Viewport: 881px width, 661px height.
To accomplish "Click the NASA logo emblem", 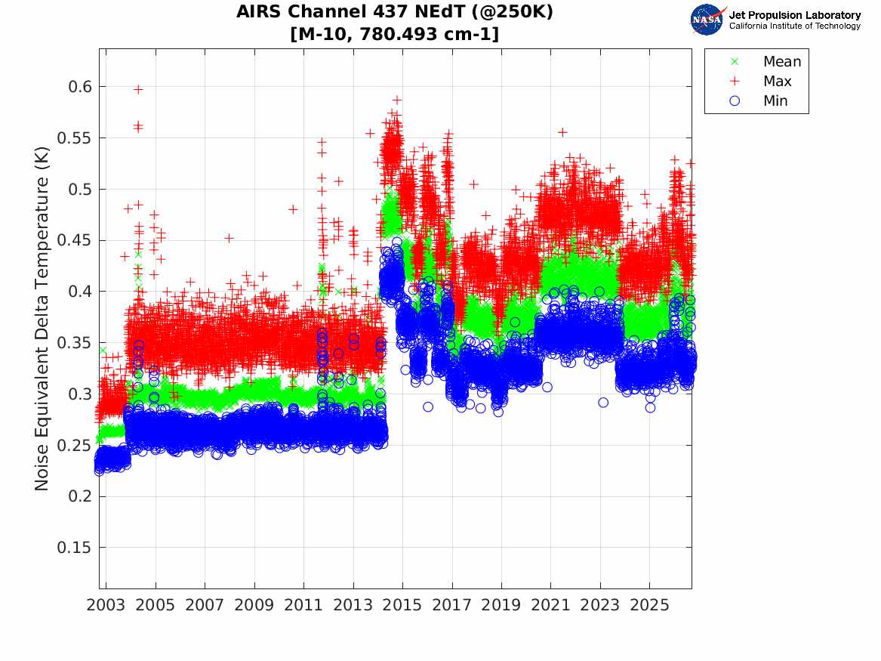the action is pyautogui.click(x=707, y=20).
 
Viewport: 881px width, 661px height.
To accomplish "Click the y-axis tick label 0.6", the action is pyautogui.click(x=80, y=87).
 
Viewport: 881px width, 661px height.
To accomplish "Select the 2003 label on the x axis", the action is pyautogui.click(x=106, y=605).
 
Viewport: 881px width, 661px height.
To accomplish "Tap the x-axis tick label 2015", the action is pyautogui.click(x=402, y=605).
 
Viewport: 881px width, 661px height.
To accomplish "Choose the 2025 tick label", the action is pyautogui.click(x=649, y=605).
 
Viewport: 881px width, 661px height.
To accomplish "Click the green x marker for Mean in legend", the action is pyautogui.click(x=735, y=61).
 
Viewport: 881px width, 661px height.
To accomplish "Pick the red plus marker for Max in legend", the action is pyautogui.click(x=735, y=81).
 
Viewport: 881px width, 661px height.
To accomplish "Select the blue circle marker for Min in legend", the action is pyautogui.click(x=735, y=100).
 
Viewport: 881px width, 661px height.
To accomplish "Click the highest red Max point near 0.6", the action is pyautogui.click(x=138, y=89).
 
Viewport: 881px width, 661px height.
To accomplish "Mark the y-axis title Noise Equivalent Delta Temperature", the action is pyautogui.click(x=42, y=319).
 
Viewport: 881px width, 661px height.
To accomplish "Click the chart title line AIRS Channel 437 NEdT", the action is pyautogui.click(x=394, y=11).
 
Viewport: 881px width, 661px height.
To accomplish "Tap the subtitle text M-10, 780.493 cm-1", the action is pyautogui.click(x=394, y=34).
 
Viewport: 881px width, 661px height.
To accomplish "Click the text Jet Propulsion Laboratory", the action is pyautogui.click(x=795, y=15).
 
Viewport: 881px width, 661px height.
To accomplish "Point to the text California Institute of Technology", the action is pyautogui.click(x=795, y=26).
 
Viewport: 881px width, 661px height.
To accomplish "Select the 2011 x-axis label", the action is pyautogui.click(x=303, y=605).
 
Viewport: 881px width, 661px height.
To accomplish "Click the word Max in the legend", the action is pyautogui.click(x=777, y=81).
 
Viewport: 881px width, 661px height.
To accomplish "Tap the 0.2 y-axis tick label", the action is pyautogui.click(x=80, y=496).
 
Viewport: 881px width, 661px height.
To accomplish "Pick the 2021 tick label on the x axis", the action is pyautogui.click(x=550, y=605).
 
